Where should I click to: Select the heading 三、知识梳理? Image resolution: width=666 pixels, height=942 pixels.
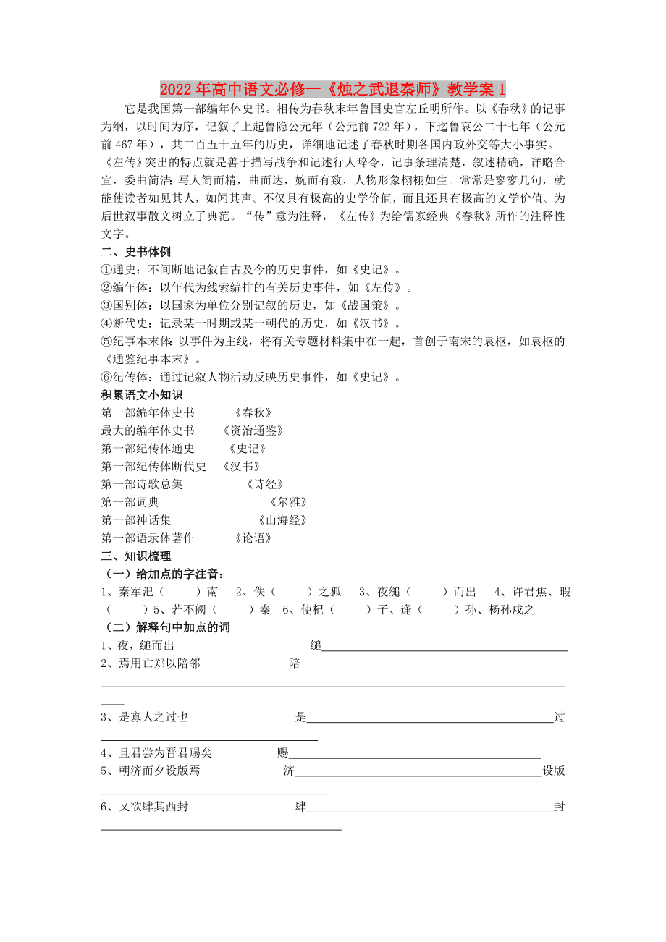pos(136,556)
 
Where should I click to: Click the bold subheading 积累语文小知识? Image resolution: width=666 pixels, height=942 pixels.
pos(142,395)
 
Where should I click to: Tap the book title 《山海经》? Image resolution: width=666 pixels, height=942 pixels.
pos(282,520)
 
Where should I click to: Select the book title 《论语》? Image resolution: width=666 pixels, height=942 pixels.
pos(253,538)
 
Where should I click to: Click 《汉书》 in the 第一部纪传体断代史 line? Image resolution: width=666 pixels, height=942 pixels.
pos(241,467)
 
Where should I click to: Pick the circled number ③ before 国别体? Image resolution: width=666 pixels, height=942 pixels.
pos(106,305)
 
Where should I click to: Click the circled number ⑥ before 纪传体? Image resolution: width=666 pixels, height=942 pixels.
pos(106,377)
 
